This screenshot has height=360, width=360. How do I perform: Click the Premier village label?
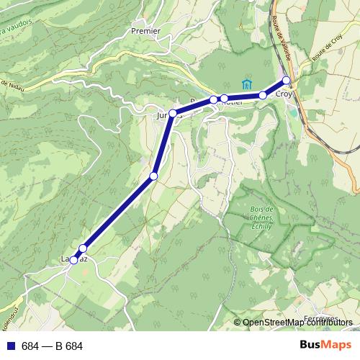tap(145, 31)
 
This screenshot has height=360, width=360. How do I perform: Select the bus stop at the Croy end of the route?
tap(287, 80)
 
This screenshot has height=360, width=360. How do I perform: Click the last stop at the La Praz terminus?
tap(73, 260)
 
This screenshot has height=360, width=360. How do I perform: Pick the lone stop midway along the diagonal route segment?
tap(153, 176)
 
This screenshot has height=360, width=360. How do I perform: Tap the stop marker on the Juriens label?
tap(173, 113)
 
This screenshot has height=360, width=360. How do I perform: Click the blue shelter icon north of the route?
tap(248, 83)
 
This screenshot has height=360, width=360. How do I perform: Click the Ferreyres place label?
tap(321, 318)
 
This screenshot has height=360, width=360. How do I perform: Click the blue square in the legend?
tap(10, 346)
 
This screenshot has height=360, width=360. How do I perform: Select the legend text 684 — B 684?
tap(52, 346)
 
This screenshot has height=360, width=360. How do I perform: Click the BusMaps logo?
tap(325, 345)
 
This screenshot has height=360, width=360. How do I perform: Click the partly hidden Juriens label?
tap(164, 114)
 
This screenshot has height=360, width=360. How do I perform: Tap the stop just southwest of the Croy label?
tap(263, 95)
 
